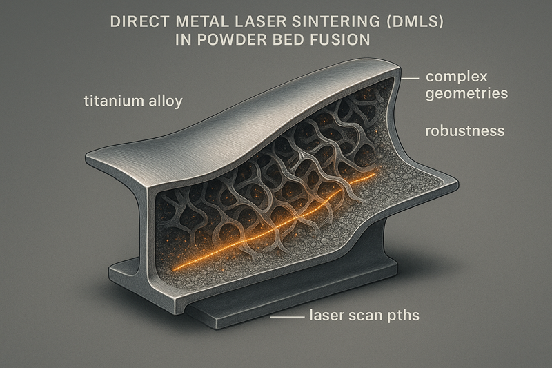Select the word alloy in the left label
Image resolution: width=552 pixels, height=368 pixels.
coord(164,101)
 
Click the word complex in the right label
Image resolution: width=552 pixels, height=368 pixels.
coord(457,76)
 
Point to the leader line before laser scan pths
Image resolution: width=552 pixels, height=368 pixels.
coord(288,318)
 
